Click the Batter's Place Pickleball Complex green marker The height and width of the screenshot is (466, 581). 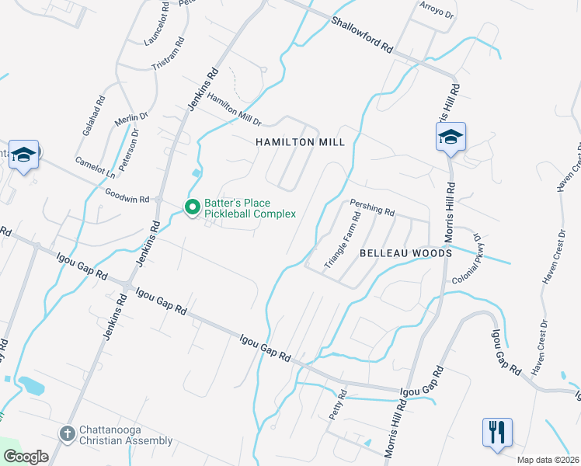pyautogui.click(x=192, y=207)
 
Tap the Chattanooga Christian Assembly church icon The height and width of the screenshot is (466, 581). pyautogui.click(x=68, y=432)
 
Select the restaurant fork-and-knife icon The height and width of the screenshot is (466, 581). pyautogui.click(x=497, y=432)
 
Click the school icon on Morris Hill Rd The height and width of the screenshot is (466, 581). pyautogui.click(x=451, y=137)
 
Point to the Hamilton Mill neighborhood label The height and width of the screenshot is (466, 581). pyautogui.click(x=299, y=142)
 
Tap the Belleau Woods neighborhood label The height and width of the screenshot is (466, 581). pyautogui.click(x=405, y=253)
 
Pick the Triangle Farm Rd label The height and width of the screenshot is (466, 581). pyautogui.click(x=343, y=240)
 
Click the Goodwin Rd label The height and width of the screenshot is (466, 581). pyautogui.click(x=127, y=195)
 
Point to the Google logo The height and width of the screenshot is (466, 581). pyautogui.click(x=26, y=457)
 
